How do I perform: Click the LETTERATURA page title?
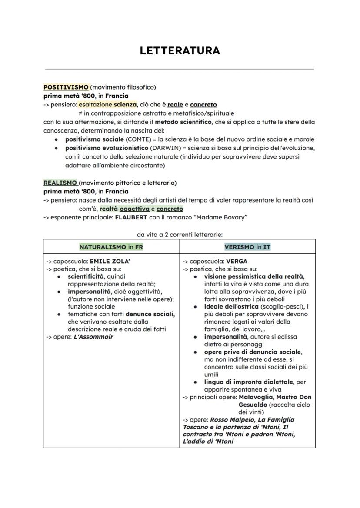180,51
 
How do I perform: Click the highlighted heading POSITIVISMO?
66,87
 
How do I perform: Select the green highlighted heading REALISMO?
60,183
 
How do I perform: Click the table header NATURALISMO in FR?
111,247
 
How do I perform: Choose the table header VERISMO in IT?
247,247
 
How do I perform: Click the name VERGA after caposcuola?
237,262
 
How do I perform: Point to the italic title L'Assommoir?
93,337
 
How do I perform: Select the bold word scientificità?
86,276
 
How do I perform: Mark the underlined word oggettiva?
134,209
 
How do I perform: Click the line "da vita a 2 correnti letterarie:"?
180,234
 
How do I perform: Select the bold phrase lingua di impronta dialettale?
249,382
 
